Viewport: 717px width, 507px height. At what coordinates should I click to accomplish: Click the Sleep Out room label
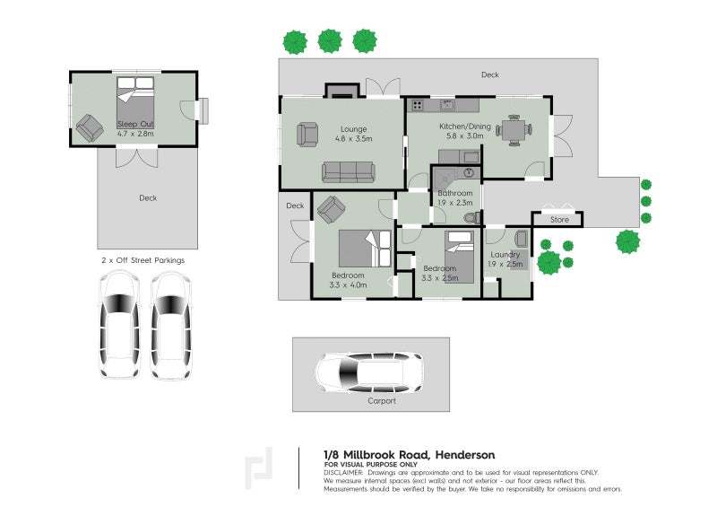tap(135, 124)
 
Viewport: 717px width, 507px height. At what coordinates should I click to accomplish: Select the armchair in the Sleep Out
tap(90, 127)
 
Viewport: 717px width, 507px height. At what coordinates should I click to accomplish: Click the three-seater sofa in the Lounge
tap(349, 171)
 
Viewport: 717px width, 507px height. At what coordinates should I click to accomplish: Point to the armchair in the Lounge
tap(307, 135)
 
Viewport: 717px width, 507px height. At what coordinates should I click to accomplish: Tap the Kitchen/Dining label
tap(464, 127)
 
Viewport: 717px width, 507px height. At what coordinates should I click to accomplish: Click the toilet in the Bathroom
tap(470, 217)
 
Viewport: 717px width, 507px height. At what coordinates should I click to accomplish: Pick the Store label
tap(559, 219)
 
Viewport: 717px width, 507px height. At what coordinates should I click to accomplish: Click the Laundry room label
tap(505, 254)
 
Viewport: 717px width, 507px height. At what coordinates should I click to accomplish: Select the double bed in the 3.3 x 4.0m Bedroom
tap(363, 249)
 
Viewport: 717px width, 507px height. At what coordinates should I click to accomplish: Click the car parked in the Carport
tap(368, 372)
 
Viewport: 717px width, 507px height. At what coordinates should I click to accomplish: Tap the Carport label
tap(382, 401)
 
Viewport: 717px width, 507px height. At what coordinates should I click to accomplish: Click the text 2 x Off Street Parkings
tap(143, 259)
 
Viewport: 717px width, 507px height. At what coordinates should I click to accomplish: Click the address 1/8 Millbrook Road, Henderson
tap(408, 455)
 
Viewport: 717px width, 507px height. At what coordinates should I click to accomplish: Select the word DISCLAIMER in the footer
tap(343, 472)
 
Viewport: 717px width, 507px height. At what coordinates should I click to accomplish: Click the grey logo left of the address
tap(261, 468)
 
